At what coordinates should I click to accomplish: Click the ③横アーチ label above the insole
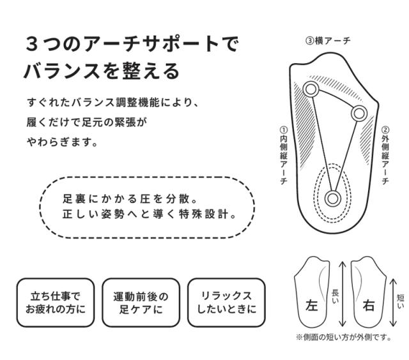point(328,41)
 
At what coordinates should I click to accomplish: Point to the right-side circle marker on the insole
point(359,114)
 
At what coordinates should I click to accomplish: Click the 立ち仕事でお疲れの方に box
point(56,303)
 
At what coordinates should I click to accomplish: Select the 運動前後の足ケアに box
point(141,303)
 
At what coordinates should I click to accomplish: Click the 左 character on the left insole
point(312,305)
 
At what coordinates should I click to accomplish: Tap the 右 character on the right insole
point(369,305)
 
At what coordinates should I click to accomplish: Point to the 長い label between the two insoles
point(335,297)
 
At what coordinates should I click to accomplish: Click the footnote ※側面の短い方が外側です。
point(343,337)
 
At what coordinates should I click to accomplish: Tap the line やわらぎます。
point(62,142)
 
